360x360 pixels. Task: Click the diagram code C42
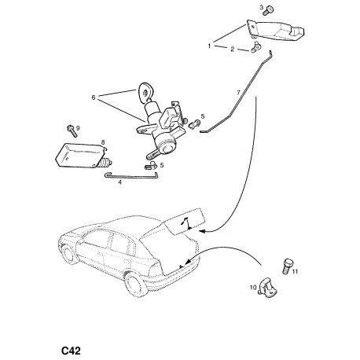71,351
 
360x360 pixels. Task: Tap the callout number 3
261,7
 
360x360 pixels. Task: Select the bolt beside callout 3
269,10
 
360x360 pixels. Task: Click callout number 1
209,46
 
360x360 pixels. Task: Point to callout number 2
232,49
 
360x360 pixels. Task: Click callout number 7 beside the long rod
238,93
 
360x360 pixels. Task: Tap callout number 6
94,97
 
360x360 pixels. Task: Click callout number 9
78,128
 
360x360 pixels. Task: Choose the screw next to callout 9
72,131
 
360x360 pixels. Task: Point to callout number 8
103,142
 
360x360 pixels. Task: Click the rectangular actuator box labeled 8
79,156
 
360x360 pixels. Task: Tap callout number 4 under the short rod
119,182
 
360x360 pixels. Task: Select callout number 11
295,271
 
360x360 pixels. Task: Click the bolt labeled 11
287,266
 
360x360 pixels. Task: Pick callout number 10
253,288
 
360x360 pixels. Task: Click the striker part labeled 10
267,288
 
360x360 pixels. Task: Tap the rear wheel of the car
135,285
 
